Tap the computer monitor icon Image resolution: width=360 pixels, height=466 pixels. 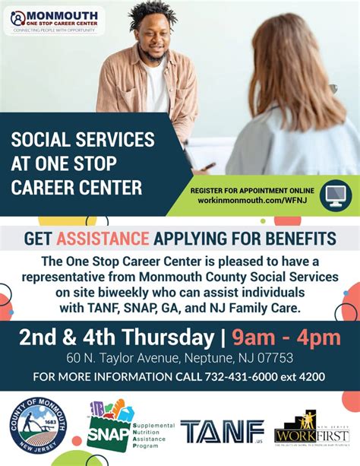click(335, 195)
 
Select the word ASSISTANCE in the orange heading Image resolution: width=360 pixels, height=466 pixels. click(103, 239)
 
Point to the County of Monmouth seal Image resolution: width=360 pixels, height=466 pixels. click(38, 426)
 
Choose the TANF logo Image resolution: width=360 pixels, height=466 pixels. click(222, 431)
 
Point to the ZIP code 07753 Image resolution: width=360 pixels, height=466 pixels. click(275, 358)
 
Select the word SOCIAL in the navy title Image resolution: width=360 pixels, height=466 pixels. click(42, 141)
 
